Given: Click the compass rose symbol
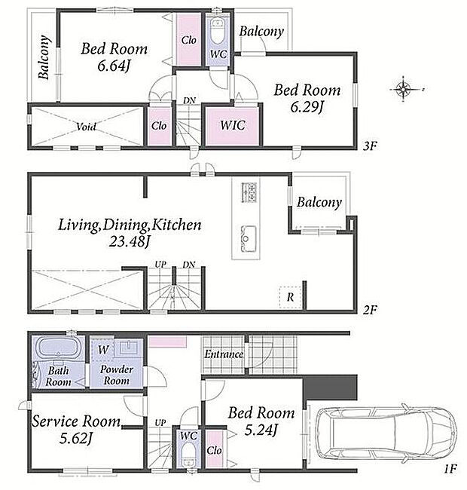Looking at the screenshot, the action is coord(404,90).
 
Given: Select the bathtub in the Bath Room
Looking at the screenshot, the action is coord(58,348).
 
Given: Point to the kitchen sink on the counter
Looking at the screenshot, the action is coord(248,239).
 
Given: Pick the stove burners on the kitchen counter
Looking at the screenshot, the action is coord(249,192).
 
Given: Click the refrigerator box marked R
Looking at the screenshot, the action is coord(290,297).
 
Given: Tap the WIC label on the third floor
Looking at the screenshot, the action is coord(233,125).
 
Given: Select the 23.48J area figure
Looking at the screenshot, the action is coord(130,241).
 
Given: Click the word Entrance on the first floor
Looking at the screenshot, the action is coord(224,354).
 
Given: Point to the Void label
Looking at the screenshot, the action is coord(86,127).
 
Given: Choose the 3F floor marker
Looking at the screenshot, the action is coord(371,145).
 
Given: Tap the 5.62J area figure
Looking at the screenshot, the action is coord(76,439).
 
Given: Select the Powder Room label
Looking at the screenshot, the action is coord(117,375).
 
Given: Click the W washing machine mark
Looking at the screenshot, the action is coord(103,349).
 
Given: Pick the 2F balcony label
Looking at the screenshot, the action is coord(319,202).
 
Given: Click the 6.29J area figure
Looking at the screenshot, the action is coord(307,107).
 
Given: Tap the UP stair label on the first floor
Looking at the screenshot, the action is coord(160,422).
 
